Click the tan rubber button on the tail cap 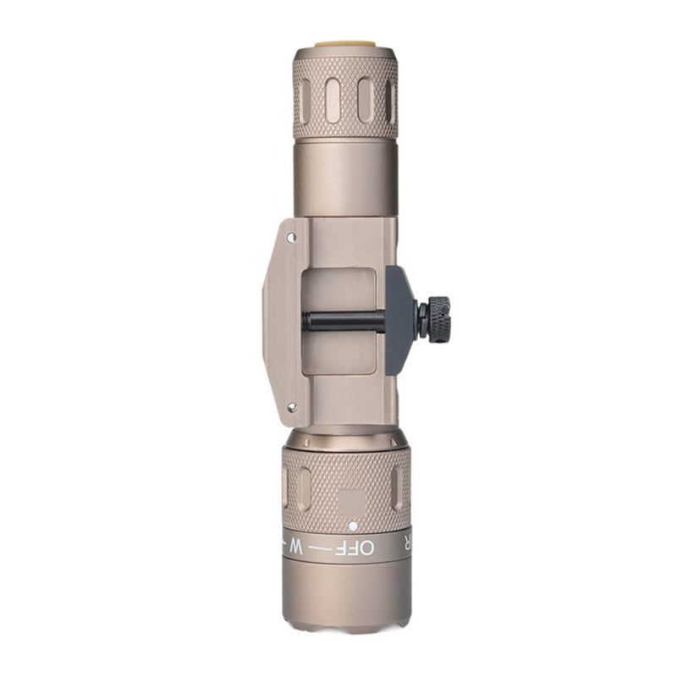click(345, 44)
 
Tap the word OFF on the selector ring click(355, 548)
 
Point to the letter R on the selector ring click(407, 545)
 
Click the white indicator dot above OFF click(353, 526)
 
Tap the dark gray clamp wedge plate click(399, 320)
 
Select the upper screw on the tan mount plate click(292, 237)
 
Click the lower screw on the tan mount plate click(292, 407)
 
